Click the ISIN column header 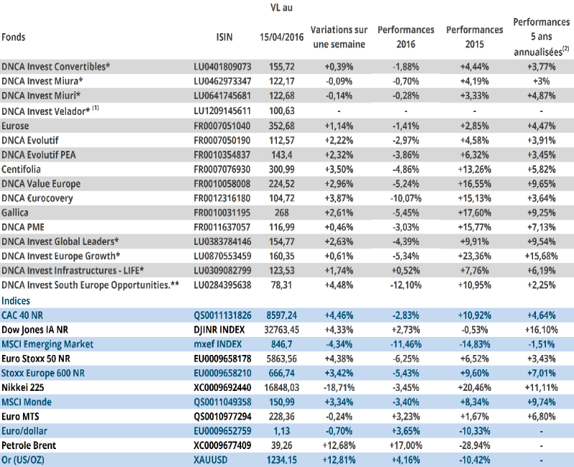[224, 37]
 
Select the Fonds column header [14, 37]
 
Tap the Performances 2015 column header [474, 37]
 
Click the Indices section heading [16, 300]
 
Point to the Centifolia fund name [21, 170]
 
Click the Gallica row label [14, 213]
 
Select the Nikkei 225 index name [23, 387]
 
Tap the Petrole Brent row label [29, 445]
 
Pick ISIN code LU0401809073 [222, 67]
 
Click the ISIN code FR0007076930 [222, 170]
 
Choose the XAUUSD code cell [210, 460]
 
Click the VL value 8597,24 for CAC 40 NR [281, 315]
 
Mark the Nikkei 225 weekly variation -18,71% [339, 387]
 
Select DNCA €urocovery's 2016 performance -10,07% [405, 198]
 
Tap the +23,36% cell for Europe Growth [474, 256]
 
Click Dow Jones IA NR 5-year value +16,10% [542, 330]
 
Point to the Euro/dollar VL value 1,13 [281, 430]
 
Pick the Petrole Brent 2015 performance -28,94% [474, 445]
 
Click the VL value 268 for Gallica [281, 213]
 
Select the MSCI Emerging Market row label [47, 344]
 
